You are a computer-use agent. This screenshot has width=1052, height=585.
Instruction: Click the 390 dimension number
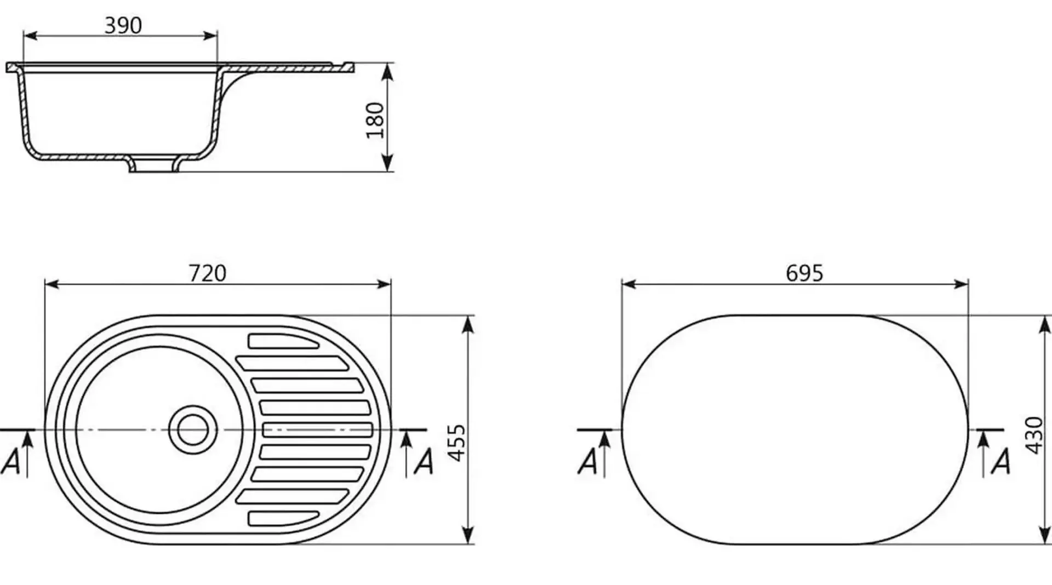[123, 25]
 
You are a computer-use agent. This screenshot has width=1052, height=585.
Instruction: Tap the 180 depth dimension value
[375, 121]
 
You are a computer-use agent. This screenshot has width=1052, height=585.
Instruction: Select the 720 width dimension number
[207, 273]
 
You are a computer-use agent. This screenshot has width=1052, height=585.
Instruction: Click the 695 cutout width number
[804, 273]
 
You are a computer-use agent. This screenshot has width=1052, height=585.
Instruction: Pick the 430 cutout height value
[1034, 435]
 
